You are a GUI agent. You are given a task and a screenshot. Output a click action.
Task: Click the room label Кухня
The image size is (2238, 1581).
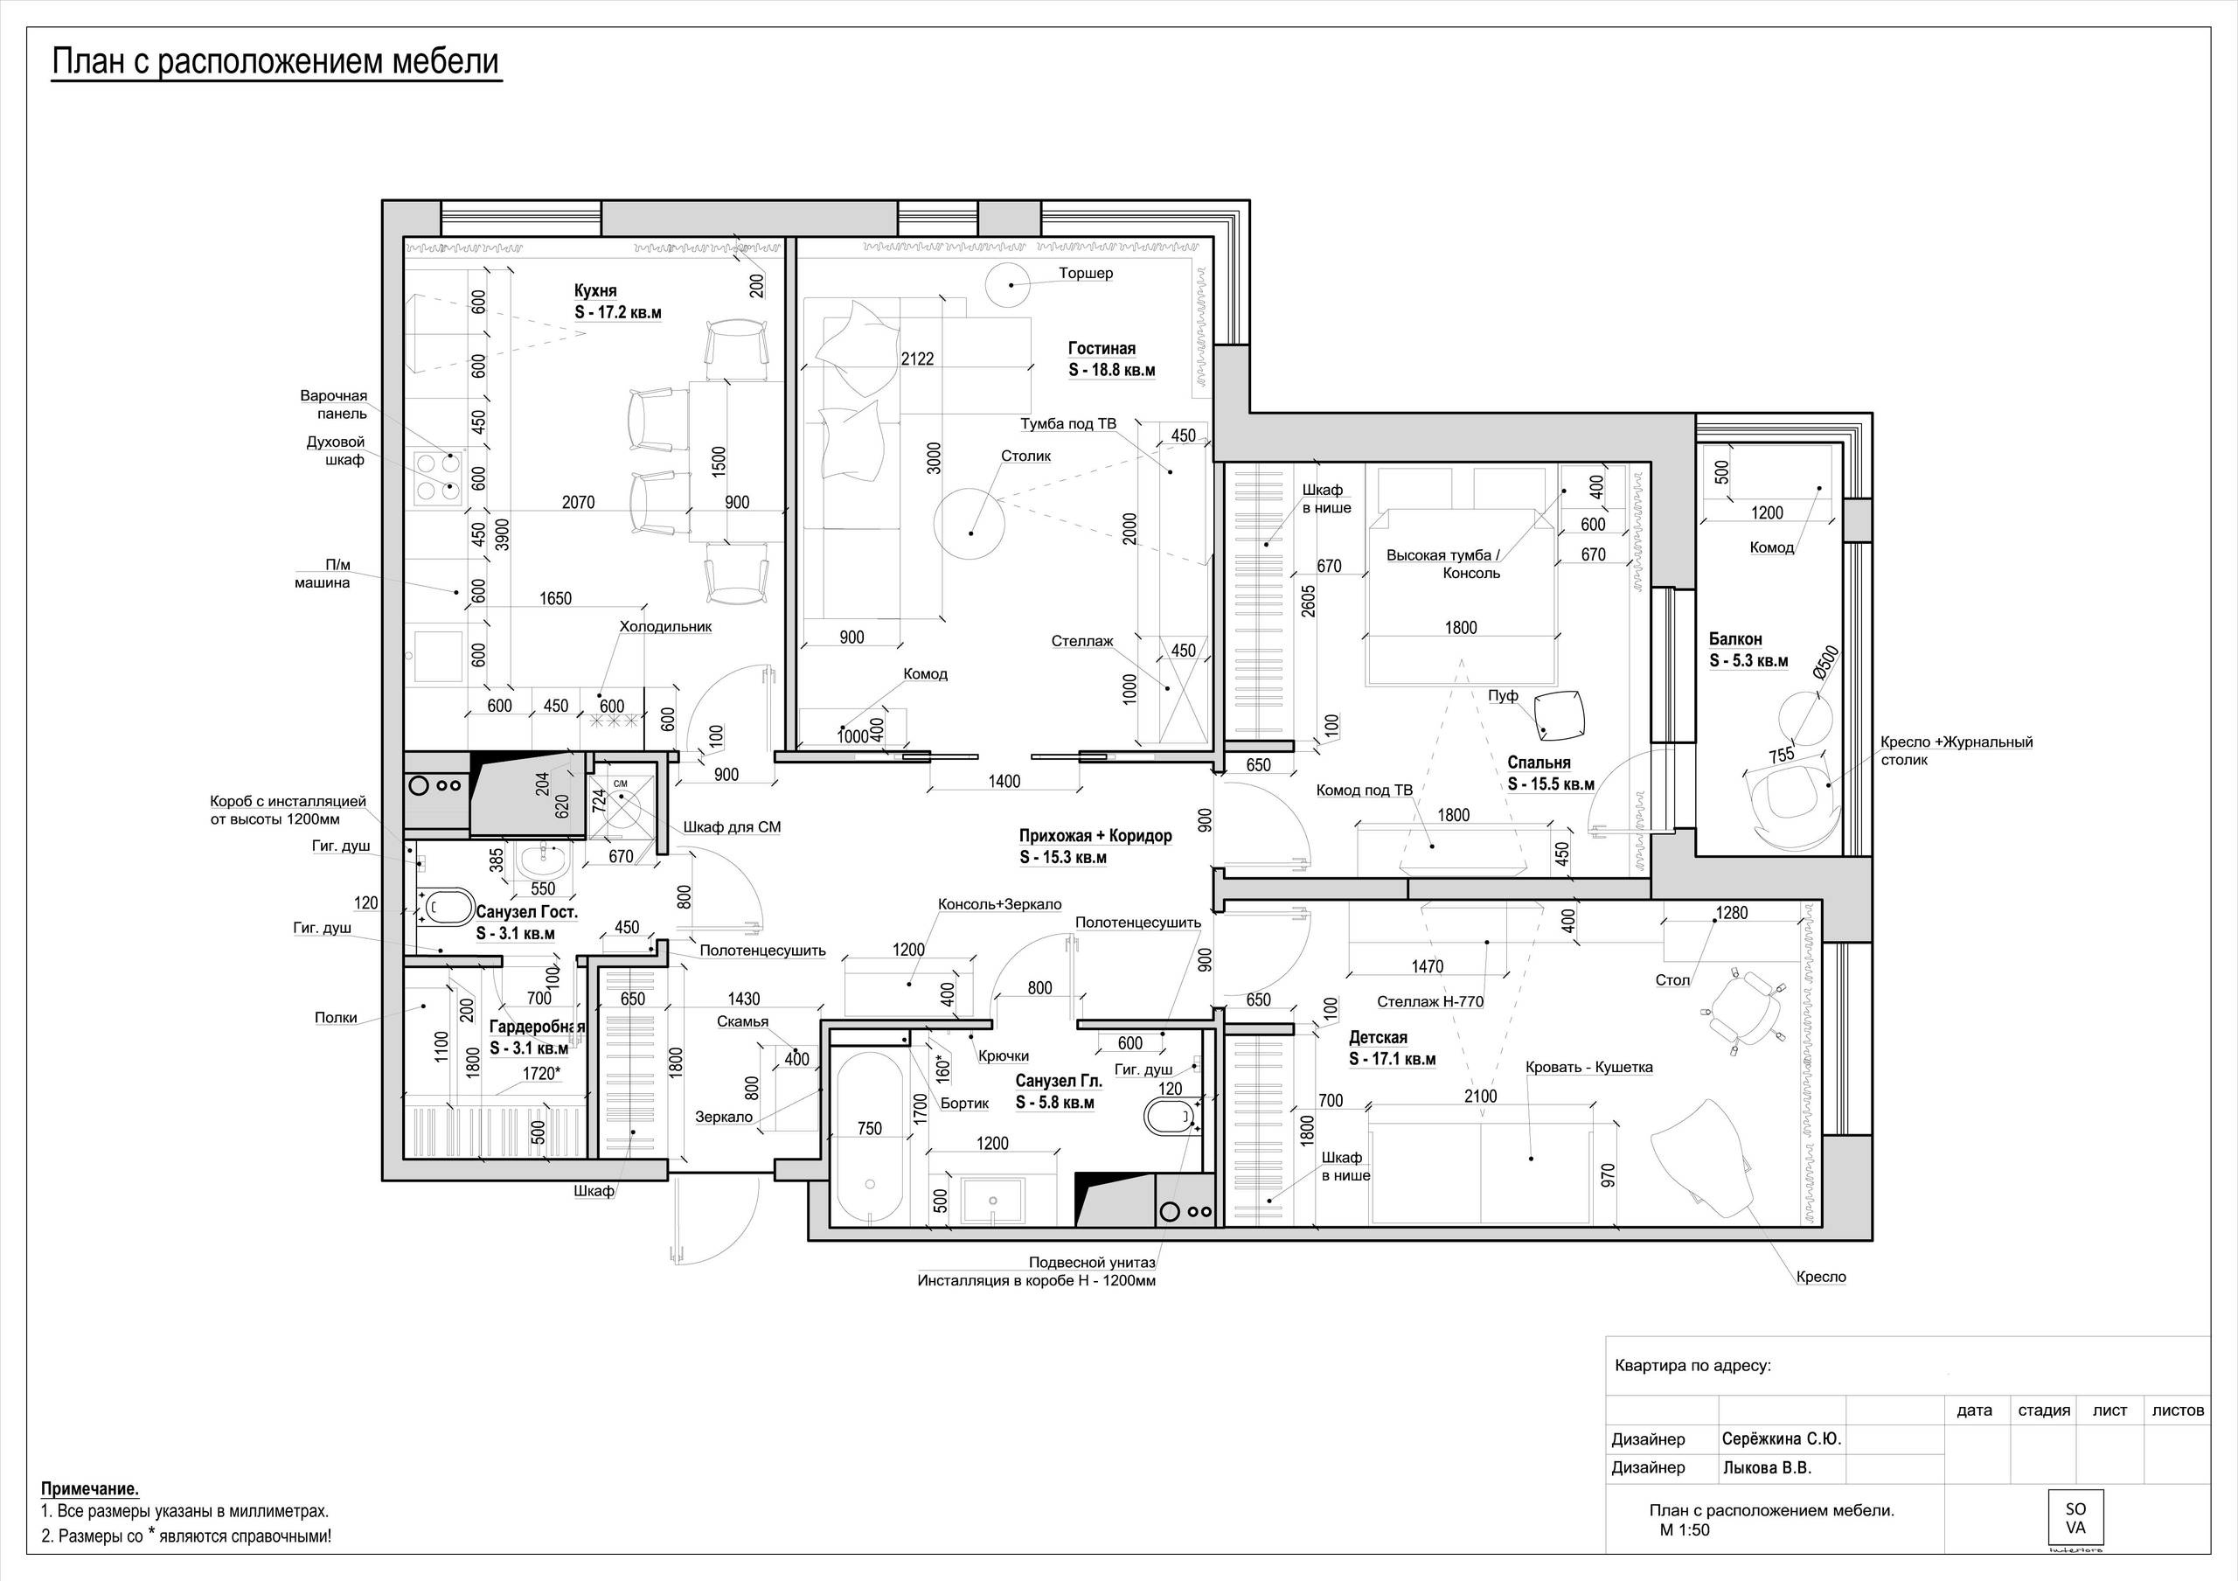tap(594, 290)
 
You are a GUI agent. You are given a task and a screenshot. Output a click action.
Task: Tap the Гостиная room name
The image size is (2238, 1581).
tap(1102, 348)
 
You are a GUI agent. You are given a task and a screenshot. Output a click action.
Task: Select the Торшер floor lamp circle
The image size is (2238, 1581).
tap(1011, 283)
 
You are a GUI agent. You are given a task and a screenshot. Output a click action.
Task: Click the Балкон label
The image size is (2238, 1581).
tap(1735, 639)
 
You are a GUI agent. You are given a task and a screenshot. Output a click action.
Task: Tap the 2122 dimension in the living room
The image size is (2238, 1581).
tap(917, 359)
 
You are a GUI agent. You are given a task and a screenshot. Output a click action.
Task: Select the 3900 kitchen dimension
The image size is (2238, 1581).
tap(502, 534)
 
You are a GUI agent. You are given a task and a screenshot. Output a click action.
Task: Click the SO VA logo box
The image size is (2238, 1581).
tap(2075, 1518)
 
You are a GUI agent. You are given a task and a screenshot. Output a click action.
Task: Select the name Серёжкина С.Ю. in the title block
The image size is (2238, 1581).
tap(1782, 1438)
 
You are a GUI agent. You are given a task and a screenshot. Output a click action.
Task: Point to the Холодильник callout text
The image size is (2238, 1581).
tap(666, 627)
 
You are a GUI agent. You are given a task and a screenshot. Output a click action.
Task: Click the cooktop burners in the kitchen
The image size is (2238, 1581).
tap(437, 477)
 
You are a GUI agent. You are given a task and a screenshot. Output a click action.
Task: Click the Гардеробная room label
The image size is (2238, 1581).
tap(537, 1027)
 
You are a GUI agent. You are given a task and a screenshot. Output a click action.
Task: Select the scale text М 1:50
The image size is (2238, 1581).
tap(1685, 1529)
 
